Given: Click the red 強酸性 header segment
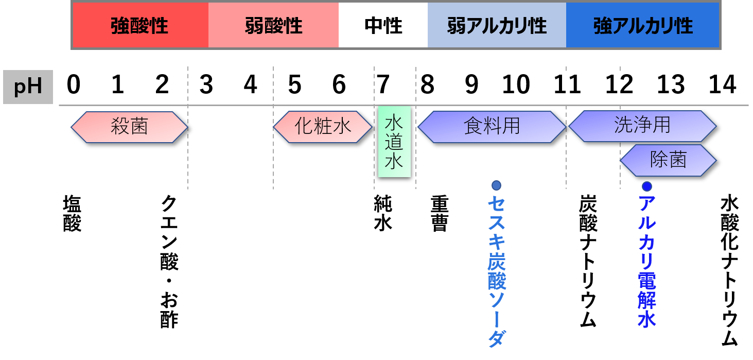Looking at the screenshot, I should tap(140, 25).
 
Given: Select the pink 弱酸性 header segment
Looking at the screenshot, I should tap(273, 25).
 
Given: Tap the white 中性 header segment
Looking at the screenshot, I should tap(383, 25).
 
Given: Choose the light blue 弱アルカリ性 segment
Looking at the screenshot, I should tap(497, 25).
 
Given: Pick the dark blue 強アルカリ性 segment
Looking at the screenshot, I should tap(642, 25).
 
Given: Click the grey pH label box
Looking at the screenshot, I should tap(28, 87).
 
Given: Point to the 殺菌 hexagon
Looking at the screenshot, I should tap(129, 127).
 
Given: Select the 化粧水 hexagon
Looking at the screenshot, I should tap(323, 127).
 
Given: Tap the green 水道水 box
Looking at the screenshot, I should tap(394, 142).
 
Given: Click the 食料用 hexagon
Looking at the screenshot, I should tap(492, 127).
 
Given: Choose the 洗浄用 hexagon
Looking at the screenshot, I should tap(642, 126).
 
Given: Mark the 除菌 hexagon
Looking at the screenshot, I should tap(668, 160).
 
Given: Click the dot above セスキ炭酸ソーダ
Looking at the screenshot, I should tap(496, 185).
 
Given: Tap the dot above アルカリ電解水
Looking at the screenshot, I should tap(647, 186).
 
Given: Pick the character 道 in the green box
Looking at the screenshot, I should tap(394, 142).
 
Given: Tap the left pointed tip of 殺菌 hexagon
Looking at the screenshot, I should tap(72, 127).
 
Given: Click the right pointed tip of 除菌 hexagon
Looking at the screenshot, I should tap(715, 160).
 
